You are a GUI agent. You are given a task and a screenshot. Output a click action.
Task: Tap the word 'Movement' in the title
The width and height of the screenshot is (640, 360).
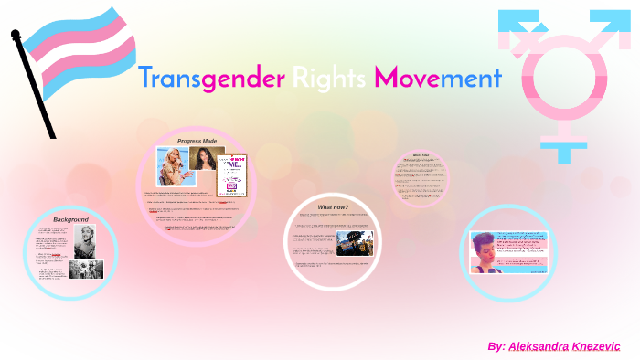[437, 79]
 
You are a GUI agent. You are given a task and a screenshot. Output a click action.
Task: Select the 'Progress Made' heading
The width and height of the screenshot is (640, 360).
[197, 142]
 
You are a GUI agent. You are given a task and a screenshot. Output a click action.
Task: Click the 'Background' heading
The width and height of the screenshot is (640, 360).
[70, 220]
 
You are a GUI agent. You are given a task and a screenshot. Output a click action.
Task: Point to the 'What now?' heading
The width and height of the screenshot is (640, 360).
[332, 207]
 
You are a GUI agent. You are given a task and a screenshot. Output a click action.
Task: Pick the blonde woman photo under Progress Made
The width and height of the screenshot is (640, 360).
[172, 165]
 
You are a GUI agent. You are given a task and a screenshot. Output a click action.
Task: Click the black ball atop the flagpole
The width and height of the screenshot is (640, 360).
[16, 34]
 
